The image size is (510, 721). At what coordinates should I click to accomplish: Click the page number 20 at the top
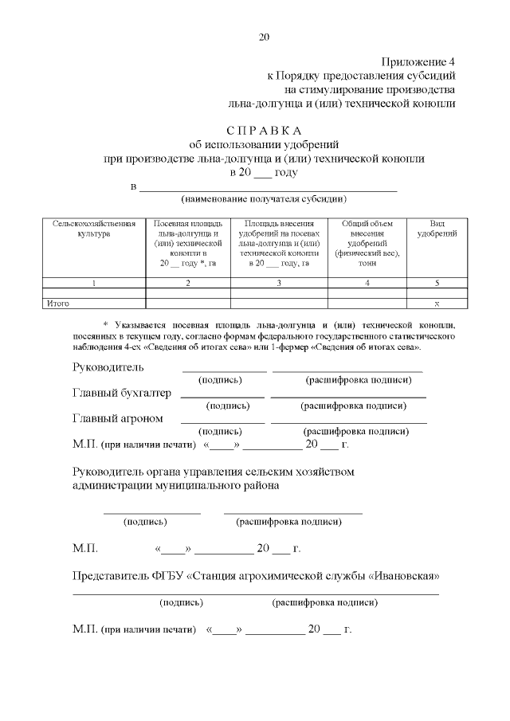pos(265,37)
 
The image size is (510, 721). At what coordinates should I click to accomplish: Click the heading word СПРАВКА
pos(265,131)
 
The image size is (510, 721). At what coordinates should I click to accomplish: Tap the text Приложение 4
pos(418,61)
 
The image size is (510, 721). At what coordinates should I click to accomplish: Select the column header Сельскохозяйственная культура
pos(84,229)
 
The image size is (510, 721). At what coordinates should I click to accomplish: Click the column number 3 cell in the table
pos(279,283)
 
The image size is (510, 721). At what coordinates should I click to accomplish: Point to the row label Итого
pos(58,304)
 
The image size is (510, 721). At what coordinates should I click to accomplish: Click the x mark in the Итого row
pos(437,304)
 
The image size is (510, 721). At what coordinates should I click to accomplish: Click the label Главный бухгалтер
pos(121,394)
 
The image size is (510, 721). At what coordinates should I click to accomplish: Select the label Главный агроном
pos(117,418)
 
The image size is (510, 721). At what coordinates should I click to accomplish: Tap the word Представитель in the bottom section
pos(110,576)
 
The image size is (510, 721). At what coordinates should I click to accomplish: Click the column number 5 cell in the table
pos(437,283)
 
